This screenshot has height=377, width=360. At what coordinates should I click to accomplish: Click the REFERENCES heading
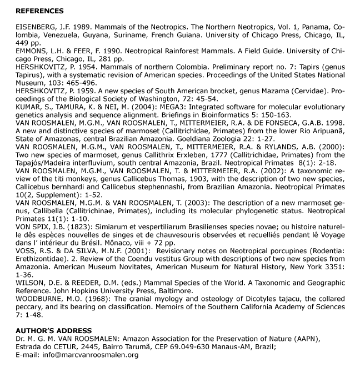(39, 11)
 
